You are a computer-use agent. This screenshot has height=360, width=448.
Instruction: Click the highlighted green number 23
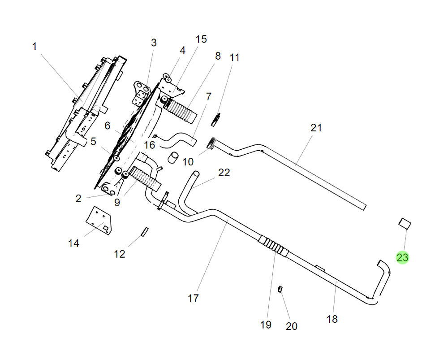tap(402, 257)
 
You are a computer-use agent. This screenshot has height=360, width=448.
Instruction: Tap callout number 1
tap(34, 46)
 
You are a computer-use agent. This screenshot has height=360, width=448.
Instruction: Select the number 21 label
tap(316, 128)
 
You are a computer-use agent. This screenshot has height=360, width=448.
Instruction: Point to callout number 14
tap(73, 243)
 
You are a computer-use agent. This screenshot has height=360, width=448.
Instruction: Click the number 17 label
tap(193, 298)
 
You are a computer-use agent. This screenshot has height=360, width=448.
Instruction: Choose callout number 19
tap(266, 324)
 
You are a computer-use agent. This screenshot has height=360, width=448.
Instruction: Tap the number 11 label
tap(235, 57)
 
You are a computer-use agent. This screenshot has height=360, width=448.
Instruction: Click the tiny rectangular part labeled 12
tap(144, 231)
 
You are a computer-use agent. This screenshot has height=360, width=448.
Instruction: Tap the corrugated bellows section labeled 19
tap(274, 247)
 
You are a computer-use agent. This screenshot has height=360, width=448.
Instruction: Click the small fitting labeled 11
tap(216, 119)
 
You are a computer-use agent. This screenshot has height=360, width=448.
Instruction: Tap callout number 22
tap(224, 173)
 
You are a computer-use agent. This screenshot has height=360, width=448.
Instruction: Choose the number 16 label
tap(149, 145)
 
